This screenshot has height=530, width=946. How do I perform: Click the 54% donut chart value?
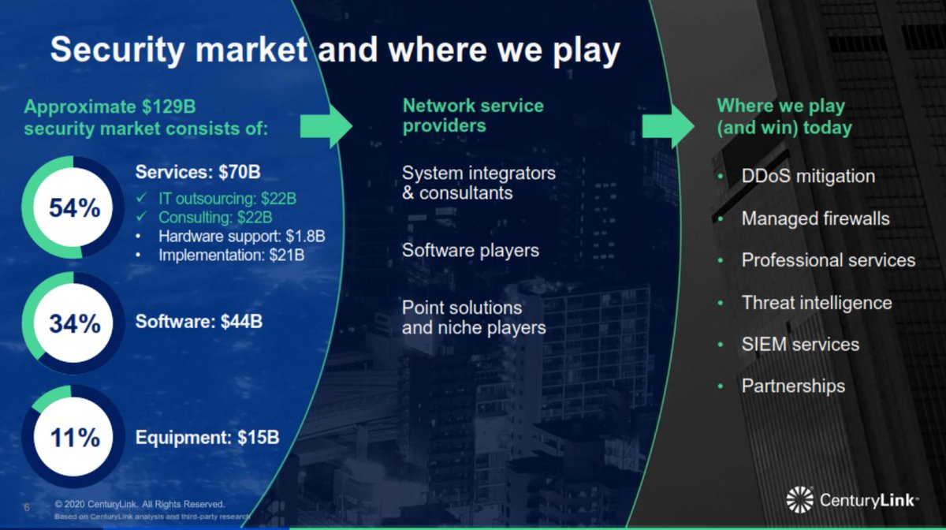click(x=74, y=208)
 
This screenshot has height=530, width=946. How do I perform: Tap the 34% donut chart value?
click(x=74, y=323)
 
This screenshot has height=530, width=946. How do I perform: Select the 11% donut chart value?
click(x=74, y=438)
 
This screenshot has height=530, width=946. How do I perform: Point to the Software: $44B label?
click(x=199, y=322)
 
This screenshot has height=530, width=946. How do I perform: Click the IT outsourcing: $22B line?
click(x=227, y=198)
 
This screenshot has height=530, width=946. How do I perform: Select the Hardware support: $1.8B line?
click(x=241, y=236)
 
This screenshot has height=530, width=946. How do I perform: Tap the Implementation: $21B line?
click(x=231, y=255)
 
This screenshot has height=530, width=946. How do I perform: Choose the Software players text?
click(x=471, y=251)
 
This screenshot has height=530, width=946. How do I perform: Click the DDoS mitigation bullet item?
click(x=808, y=176)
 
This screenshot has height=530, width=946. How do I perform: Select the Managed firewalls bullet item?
click(x=815, y=218)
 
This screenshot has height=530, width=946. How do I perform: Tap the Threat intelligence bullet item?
click(x=817, y=303)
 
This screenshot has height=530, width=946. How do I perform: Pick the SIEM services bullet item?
click(x=800, y=345)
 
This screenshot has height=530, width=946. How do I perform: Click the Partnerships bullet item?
click(x=793, y=386)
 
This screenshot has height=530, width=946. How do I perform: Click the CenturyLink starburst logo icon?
click(x=799, y=499)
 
